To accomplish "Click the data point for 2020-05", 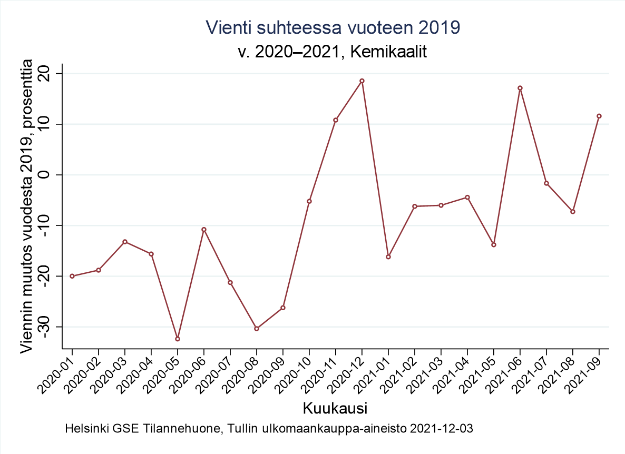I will point(178,339).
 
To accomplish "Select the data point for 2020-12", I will point(362,81).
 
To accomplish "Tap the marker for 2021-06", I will point(520,88).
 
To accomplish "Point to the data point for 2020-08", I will point(257,329).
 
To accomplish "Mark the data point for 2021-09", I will point(599,116).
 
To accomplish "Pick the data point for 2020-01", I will point(72,276).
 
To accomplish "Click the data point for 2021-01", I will point(388,257).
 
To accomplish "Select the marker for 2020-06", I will point(204,230).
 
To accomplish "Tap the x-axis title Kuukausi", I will point(335,408).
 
